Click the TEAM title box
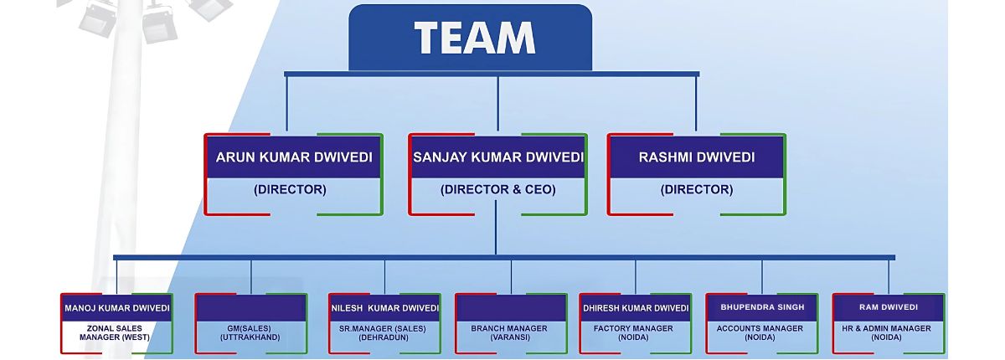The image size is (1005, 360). (474, 38)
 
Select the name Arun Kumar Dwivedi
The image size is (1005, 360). (294, 157)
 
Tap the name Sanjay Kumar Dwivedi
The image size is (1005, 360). (498, 157)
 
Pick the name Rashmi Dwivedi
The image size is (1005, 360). (697, 157)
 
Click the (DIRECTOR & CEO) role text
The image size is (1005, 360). (498, 190)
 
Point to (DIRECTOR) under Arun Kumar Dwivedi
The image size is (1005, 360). (290, 190)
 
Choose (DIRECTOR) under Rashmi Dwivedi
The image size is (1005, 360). (697, 190)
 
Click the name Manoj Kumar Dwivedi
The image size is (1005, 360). (117, 307)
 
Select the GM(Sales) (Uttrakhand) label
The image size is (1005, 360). (250, 332)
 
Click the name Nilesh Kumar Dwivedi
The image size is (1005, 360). (384, 307)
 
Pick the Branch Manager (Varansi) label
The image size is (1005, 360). (510, 332)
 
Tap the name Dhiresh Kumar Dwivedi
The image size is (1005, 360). (636, 307)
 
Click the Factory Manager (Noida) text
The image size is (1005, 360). (634, 332)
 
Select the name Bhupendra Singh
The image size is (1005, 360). (762, 307)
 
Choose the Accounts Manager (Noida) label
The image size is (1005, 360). (760, 332)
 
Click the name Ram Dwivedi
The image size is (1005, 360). (889, 307)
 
